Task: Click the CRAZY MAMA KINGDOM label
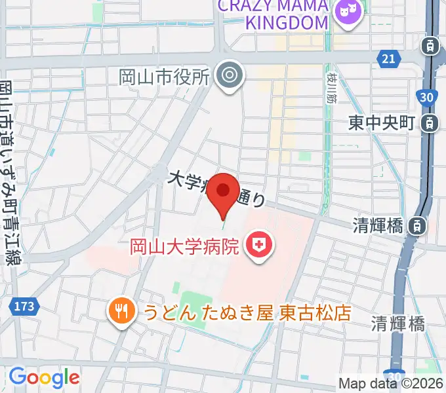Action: coord(273,14)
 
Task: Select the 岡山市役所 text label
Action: coord(164,77)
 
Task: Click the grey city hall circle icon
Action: coord(230,76)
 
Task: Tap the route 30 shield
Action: coord(427,98)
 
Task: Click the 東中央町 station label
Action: coord(381,122)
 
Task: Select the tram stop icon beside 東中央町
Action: coord(430,122)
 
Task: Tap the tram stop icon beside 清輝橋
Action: coord(416,226)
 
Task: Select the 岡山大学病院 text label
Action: coord(184,247)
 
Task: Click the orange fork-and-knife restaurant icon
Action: coord(120,310)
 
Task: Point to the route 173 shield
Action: coord(26,306)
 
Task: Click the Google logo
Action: coord(44,377)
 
